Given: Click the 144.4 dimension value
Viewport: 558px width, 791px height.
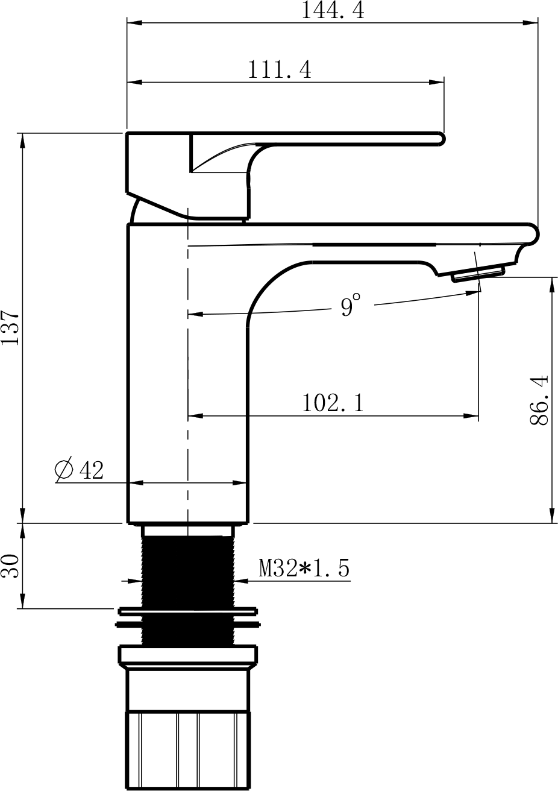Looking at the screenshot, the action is [x=333, y=11].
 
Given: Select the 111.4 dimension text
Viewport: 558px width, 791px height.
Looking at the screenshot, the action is [x=280, y=69].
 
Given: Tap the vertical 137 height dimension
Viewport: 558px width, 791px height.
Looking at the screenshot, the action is [x=11, y=327].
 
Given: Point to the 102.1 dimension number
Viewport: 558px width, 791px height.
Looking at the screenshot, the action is [x=333, y=403].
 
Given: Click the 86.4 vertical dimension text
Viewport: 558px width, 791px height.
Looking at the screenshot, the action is [x=539, y=400].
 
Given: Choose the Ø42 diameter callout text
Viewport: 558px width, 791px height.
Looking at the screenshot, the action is [x=79, y=470].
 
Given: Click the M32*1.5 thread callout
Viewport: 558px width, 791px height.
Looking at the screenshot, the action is [x=304, y=568].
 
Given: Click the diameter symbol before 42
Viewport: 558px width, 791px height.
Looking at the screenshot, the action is [x=64, y=470].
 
